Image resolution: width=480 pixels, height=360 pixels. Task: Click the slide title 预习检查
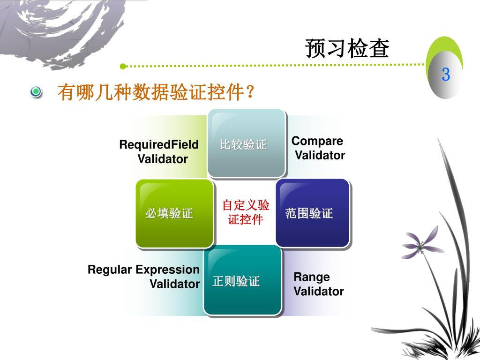pos(347,49)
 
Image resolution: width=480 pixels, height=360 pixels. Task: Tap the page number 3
pos(445,74)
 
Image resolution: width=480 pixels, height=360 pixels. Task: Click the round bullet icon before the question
pos(36,92)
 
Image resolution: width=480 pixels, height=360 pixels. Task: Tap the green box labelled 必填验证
pos(174,214)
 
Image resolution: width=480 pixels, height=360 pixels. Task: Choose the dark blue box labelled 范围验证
pos(312,213)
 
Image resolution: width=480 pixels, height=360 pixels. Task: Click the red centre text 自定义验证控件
pos(246,212)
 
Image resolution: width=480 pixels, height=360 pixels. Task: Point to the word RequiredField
pos(159,144)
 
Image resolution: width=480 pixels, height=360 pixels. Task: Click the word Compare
pos(317,141)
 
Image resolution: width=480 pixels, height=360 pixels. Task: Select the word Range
pos(311,277)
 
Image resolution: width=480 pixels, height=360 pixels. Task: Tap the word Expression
pos(167,270)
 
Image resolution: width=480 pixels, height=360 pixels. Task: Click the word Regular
pos(110,270)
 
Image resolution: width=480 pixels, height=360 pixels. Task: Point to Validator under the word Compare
pos(320,155)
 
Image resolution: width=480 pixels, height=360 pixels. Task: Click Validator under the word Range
pos(319,291)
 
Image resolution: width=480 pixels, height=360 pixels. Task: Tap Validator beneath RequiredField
pos(163,159)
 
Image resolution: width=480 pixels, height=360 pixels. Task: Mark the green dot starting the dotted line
pos(123,66)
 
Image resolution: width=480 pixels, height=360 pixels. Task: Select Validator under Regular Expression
pos(174,284)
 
